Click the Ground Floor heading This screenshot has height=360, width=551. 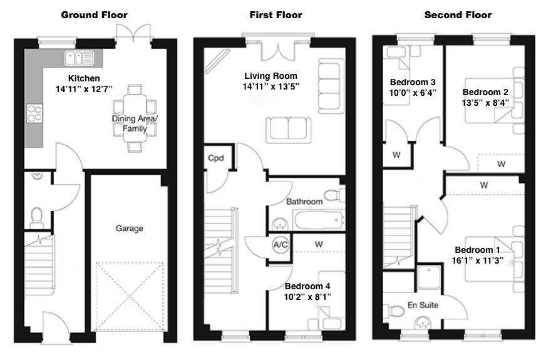(94, 15)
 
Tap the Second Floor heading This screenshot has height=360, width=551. (458, 15)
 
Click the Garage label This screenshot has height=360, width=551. (129, 229)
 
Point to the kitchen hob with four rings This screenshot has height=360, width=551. (34, 113)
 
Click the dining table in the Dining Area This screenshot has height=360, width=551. (135, 117)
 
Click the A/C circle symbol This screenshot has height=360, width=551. (280, 245)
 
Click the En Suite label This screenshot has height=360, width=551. (423, 306)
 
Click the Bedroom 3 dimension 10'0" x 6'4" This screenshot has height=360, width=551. (413, 93)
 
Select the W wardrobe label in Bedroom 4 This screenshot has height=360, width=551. (319, 243)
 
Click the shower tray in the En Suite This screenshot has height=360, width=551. (430, 276)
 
